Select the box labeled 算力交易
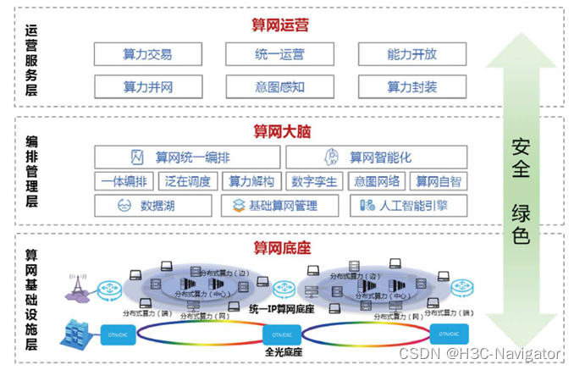(147, 54)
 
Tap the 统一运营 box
(279, 54)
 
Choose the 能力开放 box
(411, 54)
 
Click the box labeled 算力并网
(147, 86)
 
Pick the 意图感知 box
(279, 86)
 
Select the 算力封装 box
(411, 86)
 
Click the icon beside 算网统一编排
(136, 157)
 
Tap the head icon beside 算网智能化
(332, 157)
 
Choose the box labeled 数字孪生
(314, 181)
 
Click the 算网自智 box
(437, 181)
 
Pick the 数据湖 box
(147, 205)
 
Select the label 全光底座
(283, 351)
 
